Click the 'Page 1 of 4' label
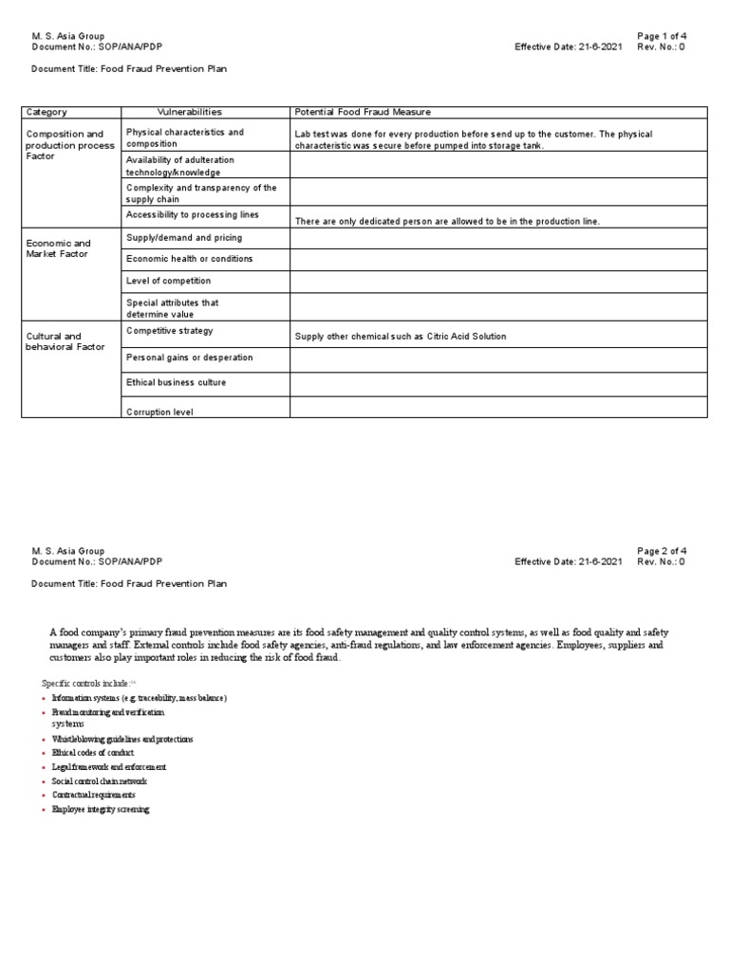point(662,35)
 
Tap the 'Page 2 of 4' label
point(662,551)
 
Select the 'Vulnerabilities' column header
point(189,112)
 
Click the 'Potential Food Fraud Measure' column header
point(362,112)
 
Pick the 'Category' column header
point(47,112)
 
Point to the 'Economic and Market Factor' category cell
point(58,248)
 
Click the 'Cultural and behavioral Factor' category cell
point(65,341)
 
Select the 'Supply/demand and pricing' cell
point(183,238)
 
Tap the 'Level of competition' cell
point(168,281)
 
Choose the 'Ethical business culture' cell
point(176,382)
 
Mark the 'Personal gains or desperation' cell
point(189,357)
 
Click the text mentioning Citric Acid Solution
point(401,337)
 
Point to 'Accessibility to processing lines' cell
point(192,215)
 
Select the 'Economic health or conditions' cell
point(189,259)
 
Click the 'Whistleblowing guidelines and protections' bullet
point(122,739)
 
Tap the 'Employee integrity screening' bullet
point(101,810)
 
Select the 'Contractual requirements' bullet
point(93,795)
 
